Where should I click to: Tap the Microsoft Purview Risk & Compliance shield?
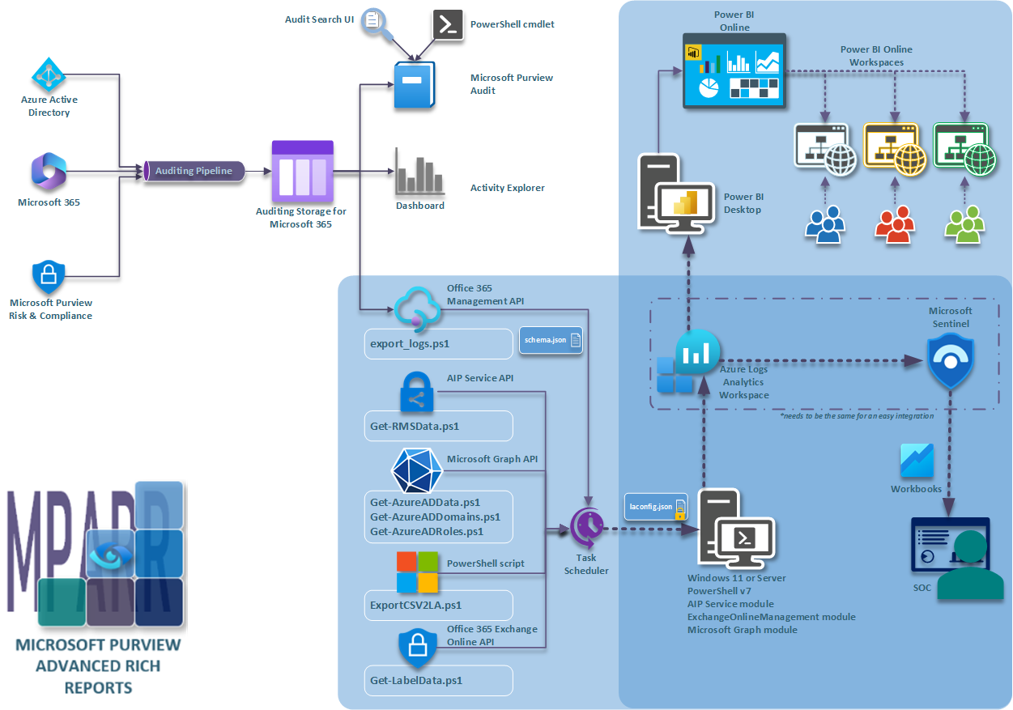coord(49,278)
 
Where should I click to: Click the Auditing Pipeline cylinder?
coord(194,171)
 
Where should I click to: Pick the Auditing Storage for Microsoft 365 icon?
coord(302,172)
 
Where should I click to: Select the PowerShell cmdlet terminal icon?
coord(449,24)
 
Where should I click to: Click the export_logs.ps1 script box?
coord(438,344)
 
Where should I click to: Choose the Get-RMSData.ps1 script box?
coord(438,426)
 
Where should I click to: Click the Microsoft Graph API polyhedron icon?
coord(417,469)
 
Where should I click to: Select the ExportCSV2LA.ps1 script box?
coord(438,605)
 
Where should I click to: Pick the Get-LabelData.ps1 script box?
coord(438,680)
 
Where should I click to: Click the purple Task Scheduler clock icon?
coord(587,529)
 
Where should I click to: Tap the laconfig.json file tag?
coord(656,507)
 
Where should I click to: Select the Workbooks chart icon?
coord(917,461)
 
